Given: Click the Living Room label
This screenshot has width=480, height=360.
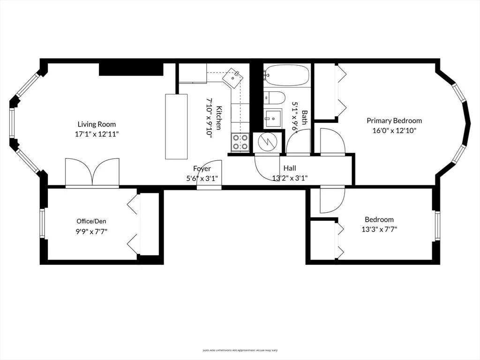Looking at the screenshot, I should [97, 124].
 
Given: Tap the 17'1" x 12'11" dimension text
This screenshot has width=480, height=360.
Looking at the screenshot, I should [97, 134].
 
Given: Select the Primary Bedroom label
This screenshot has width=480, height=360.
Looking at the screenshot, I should [394, 120].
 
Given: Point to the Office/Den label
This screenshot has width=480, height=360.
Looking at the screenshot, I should [92, 221].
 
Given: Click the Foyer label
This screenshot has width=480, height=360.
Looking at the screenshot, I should [202, 168].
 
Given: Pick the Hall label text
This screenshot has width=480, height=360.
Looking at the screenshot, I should [290, 168].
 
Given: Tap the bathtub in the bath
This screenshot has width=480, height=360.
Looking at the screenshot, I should [286, 75].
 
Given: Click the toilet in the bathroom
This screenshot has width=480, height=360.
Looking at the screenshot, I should [275, 98].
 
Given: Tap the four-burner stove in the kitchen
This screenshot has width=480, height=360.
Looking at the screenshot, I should [240, 142].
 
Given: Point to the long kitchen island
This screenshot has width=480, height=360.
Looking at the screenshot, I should [176, 127].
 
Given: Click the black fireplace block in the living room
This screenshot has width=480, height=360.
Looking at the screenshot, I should [130, 69].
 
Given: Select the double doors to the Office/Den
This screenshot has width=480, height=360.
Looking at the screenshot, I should [92, 172].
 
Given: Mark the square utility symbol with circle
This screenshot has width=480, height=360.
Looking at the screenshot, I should [268, 142].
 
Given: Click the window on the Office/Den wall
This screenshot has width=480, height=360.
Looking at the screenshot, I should [42, 224].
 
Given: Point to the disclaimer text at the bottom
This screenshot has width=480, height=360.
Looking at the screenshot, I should [240, 350].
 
